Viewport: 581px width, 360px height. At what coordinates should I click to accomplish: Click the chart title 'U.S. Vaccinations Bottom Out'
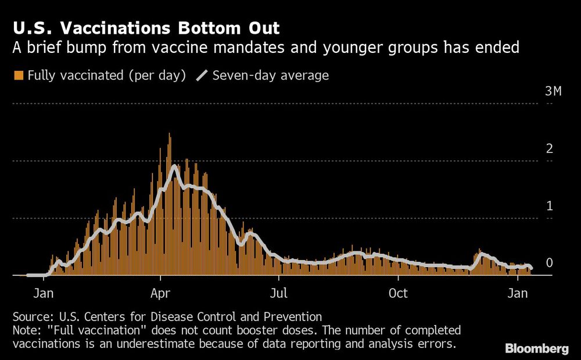146,27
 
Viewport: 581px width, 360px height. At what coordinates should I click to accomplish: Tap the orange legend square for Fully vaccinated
18,75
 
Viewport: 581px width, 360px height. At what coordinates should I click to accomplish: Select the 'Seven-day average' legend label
271,75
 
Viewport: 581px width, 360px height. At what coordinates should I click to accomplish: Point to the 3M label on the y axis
553,92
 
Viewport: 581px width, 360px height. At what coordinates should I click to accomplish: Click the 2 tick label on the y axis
549,149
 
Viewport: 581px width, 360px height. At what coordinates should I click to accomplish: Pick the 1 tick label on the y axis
549,206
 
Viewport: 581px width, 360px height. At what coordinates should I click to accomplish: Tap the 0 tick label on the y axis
549,263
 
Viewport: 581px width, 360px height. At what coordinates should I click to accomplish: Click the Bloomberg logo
537,348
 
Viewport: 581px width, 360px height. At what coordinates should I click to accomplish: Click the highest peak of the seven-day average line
173,167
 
